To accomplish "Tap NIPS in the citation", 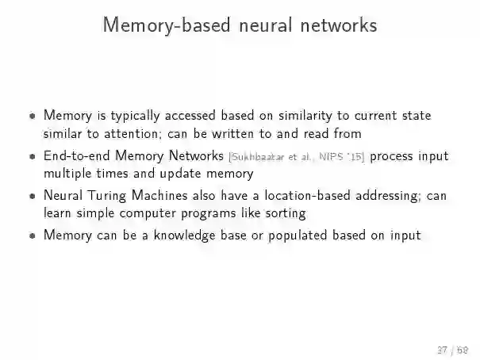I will pos(328,157).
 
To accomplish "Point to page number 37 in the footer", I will pos(442,350).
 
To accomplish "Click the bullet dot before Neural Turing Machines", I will pos(32,196).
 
